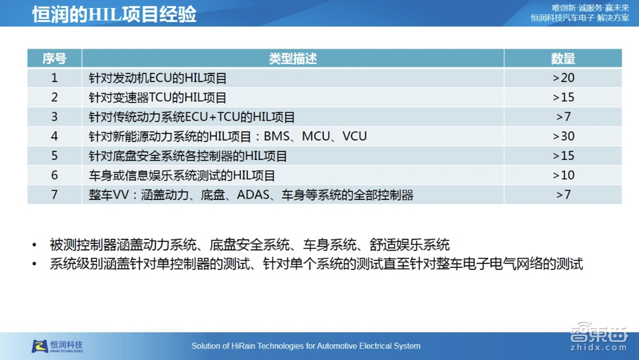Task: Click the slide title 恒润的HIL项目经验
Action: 114,14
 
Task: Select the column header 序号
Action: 55,59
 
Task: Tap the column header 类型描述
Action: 293,59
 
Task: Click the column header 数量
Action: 563,59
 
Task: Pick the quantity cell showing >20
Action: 563,78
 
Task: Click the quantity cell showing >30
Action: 563,137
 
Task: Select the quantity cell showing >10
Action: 563,175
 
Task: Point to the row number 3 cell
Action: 55,117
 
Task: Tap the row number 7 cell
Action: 55,195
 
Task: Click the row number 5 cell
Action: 55,156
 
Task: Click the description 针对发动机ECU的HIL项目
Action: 158,78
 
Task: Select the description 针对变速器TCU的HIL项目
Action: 158,97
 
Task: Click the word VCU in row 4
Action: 354,137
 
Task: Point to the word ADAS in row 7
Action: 253,195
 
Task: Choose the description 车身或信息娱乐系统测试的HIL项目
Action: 182,175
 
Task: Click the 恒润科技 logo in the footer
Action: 58,346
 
